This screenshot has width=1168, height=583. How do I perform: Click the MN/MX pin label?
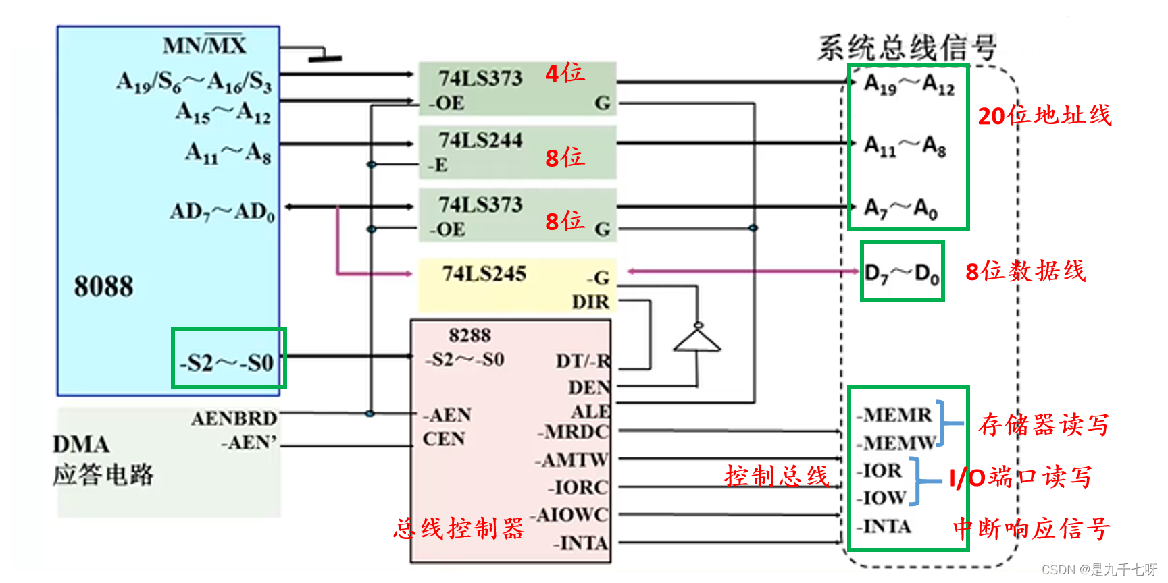[204, 45]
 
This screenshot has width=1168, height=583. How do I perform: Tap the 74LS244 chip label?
[480, 140]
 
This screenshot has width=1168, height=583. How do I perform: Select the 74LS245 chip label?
[484, 273]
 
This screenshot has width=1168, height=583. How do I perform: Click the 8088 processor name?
[103, 286]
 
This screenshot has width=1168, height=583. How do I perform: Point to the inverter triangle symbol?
[697, 341]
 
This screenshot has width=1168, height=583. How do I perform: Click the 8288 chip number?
[469, 335]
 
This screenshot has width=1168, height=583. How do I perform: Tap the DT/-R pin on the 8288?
[583, 361]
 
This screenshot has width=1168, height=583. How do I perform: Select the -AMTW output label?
[572, 460]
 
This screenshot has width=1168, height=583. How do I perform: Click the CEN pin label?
[443, 439]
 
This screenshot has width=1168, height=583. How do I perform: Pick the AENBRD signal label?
[234, 418]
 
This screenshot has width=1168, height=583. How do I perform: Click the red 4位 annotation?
[565, 73]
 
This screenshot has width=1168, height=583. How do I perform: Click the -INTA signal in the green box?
[884, 526]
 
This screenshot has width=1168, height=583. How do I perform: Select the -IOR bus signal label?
[880, 470]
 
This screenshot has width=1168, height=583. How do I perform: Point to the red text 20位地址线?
[1044, 115]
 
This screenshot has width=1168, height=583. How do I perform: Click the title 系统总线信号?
[907, 48]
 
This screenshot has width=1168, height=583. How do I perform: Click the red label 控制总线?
[776, 476]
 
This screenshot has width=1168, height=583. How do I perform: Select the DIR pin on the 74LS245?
[590, 302]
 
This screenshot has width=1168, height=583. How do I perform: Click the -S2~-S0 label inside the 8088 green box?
[227, 363]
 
